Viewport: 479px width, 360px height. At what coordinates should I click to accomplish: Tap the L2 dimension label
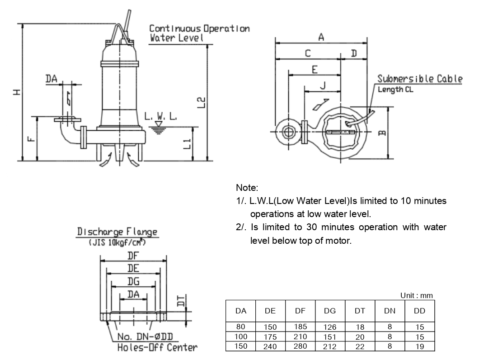click(201, 102)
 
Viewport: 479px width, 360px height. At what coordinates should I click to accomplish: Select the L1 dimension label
click(188, 144)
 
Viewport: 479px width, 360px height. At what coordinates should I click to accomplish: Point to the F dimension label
click(31, 138)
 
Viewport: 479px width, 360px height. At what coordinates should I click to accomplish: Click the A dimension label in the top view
click(321, 37)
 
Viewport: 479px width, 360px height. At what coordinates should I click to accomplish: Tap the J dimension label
click(323, 86)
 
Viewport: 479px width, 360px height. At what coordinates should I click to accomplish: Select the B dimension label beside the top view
click(382, 133)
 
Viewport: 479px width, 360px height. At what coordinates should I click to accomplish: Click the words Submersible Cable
click(420, 79)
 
